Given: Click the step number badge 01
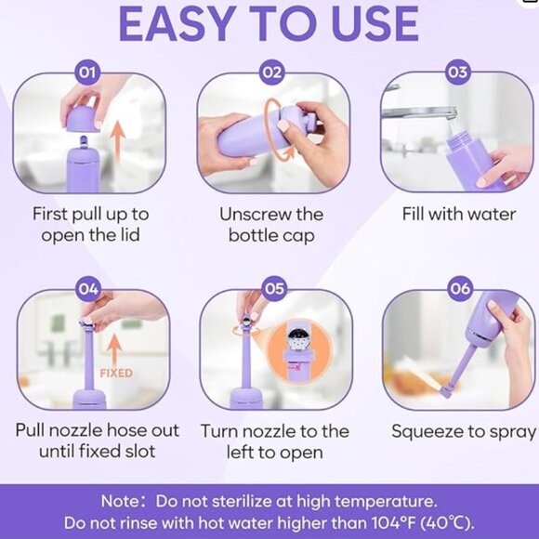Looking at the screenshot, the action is pos(87,72).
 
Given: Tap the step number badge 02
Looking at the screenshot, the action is pos(272,72).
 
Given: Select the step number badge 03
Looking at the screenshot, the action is pos(458,72).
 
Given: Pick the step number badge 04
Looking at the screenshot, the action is pos(88,289).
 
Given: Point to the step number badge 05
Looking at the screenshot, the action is pos(274,288).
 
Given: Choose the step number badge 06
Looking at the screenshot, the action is pos(460,288).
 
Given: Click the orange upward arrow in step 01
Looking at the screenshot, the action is pos(117,143).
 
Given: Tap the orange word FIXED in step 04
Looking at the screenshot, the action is pos(116,373).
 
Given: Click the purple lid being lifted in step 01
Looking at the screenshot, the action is pos(84,119).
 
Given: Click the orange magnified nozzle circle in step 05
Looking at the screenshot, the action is pos(298,350).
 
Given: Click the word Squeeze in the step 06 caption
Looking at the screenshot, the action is pos(430,432).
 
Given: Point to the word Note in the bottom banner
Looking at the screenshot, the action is pos(120,501).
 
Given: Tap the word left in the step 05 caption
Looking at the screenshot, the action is pos(241,452).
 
